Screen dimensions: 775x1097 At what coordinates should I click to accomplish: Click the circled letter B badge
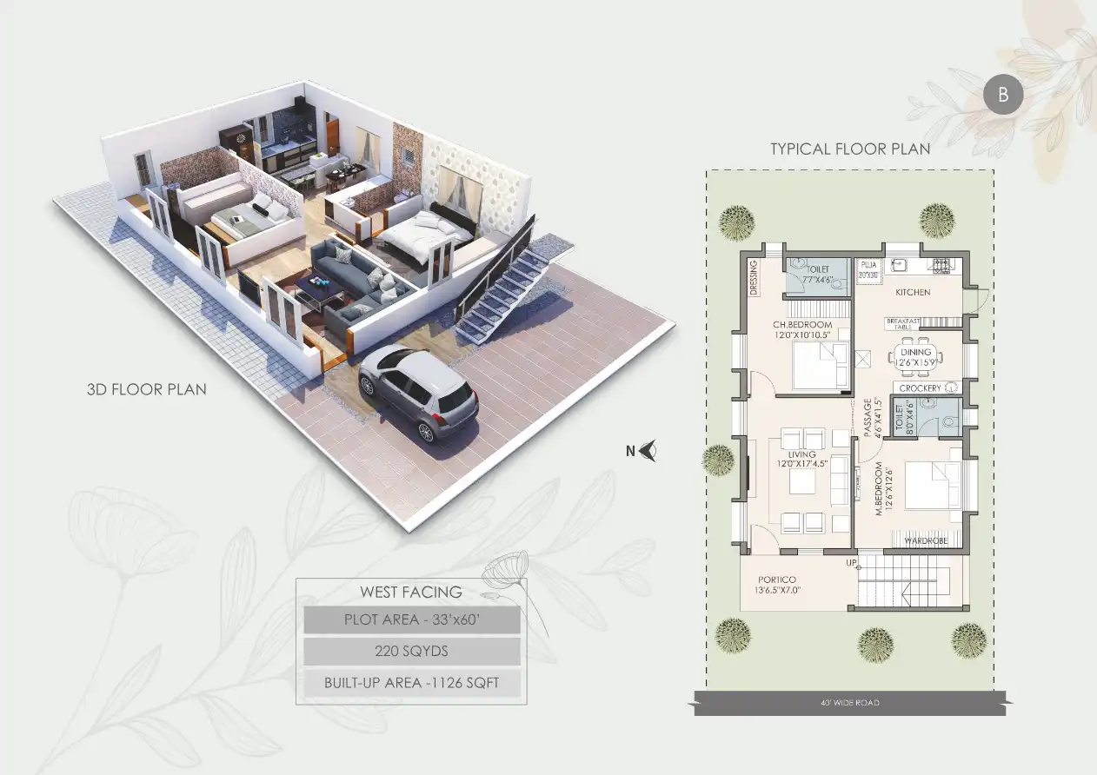coord(1003,96)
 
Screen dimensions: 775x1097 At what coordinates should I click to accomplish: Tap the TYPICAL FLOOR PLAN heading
coord(850,149)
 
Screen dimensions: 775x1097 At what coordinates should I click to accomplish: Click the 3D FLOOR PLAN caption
coord(147,388)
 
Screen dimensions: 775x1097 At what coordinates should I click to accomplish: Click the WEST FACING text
coord(411,593)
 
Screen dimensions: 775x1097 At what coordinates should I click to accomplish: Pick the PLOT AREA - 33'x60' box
coord(412,620)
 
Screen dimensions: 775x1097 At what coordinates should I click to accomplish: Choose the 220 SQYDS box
coord(412,651)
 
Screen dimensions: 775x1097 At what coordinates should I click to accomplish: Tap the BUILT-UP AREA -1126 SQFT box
coord(412,682)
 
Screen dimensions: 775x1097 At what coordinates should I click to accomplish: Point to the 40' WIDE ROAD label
coord(850,702)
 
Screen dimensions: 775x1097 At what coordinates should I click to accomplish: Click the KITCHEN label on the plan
coord(913,292)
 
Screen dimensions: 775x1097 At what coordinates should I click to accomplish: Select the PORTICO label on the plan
coord(777,580)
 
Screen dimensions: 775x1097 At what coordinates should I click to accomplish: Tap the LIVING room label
coord(801,454)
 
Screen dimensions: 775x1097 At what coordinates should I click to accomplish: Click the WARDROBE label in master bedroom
coord(919,540)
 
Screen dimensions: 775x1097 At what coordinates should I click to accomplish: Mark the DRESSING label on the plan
coord(753,277)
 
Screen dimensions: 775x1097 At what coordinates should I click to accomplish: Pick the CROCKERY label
coord(921,387)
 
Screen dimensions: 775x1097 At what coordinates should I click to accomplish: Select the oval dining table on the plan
coord(916,356)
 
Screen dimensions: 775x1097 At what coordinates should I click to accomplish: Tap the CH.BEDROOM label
coord(801,325)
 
